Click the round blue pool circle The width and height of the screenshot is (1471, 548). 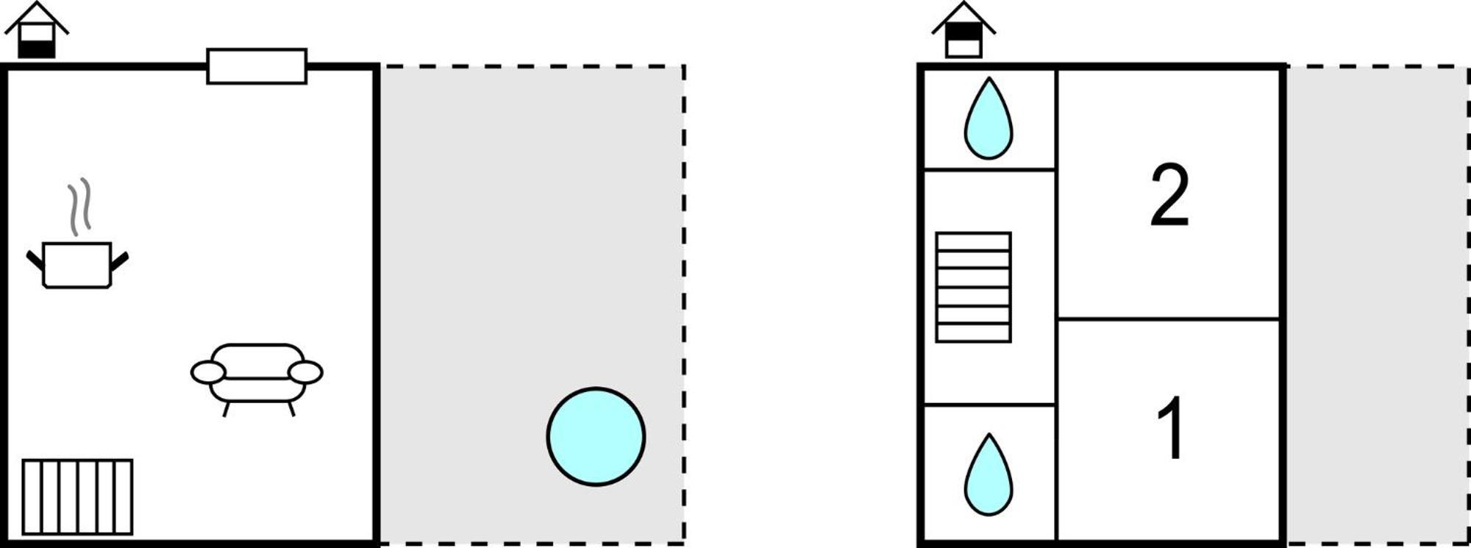click(x=596, y=437)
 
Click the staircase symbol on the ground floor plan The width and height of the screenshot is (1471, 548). click(x=77, y=497)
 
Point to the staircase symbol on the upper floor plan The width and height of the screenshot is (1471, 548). click(x=973, y=288)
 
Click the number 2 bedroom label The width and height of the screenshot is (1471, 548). click(x=1169, y=195)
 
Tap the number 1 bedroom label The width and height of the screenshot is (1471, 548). click(x=1170, y=427)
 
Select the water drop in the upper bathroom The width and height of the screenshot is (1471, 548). click(x=989, y=118)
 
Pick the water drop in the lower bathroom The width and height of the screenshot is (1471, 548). click(x=989, y=474)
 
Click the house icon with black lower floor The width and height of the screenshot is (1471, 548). click(x=37, y=31)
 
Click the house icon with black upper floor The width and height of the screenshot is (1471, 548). click(x=964, y=31)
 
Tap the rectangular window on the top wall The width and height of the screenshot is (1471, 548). click(x=257, y=66)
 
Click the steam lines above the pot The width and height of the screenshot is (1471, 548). click(x=80, y=206)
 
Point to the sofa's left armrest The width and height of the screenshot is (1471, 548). click(x=208, y=372)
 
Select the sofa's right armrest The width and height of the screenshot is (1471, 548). click(x=305, y=372)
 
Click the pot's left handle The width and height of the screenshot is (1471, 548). click(x=35, y=260)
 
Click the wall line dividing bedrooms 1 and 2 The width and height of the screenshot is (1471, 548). click(x=1169, y=319)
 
